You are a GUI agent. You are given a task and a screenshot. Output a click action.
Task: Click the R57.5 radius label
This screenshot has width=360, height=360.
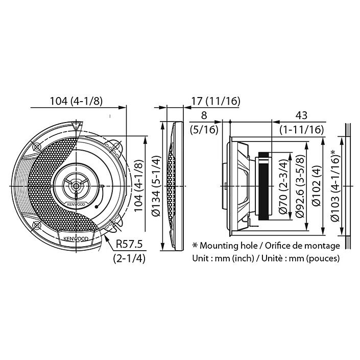click(x=129, y=244)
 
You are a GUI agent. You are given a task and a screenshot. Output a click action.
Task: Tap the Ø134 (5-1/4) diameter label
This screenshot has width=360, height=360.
click(x=157, y=186)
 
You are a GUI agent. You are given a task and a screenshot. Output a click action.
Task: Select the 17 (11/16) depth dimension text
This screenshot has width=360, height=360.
click(x=216, y=101)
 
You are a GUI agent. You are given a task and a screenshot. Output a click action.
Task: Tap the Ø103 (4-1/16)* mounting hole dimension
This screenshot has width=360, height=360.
click(x=335, y=185)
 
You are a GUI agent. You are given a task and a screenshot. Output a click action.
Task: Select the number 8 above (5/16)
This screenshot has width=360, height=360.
click(x=204, y=115)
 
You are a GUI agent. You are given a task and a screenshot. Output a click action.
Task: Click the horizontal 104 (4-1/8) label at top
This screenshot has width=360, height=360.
click(x=76, y=101)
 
